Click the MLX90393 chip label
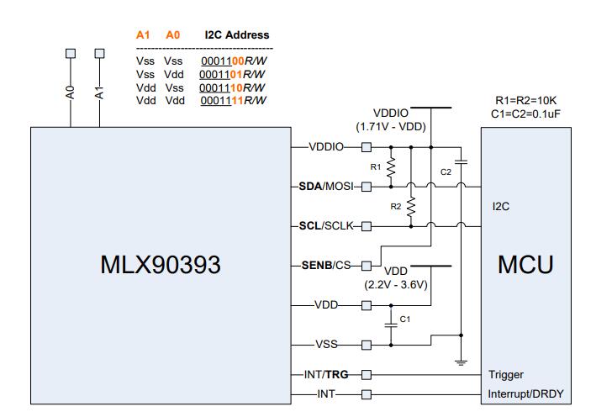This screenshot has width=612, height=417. [x=160, y=266]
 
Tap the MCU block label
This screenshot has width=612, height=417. [x=525, y=266]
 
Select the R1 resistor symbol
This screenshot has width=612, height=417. [x=391, y=167]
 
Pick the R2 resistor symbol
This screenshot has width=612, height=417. [x=411, y=206]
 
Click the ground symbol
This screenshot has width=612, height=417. [x=462, y=362]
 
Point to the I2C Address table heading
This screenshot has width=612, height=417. [x=237, y=35]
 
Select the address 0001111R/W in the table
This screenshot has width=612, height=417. [x=233, y=101]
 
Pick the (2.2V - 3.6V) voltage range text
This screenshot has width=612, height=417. [x=396, y=284]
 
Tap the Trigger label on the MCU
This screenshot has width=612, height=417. [x=506, y=375]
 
